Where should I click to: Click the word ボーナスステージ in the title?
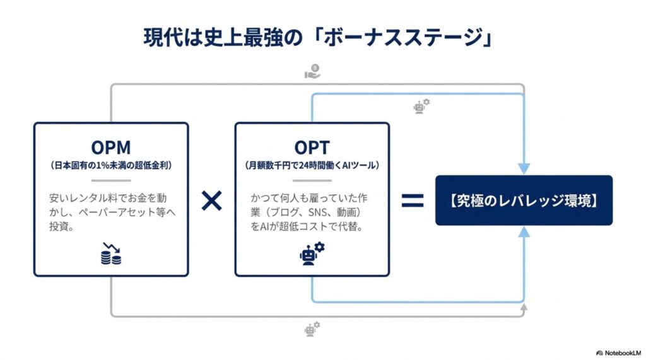403,37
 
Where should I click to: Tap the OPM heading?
111,148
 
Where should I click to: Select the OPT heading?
312,148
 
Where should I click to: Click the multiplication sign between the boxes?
211,200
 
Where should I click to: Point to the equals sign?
413,200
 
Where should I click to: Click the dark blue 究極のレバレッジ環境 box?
524,200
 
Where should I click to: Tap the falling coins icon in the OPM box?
111,253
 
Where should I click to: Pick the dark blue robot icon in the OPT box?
312,253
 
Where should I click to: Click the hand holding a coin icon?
312,71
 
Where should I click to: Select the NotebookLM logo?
618,353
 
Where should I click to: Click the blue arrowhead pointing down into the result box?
524,168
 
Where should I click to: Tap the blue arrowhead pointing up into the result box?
524,232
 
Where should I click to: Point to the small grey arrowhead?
524,307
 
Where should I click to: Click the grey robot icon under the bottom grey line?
312,329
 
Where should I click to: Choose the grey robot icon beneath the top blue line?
421,107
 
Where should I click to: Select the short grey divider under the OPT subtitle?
312,180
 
